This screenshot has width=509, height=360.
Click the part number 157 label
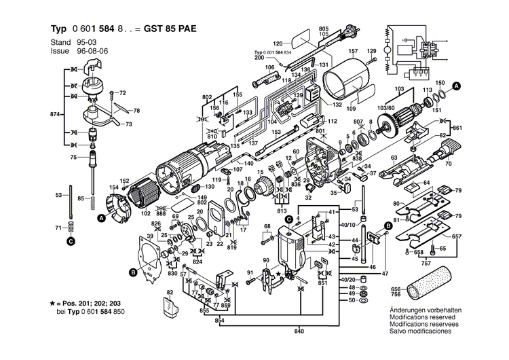point(353,52)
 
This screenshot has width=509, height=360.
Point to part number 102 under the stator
point(145,213)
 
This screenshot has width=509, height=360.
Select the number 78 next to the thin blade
point(136,111)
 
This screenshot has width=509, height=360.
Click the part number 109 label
point(351,108)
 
